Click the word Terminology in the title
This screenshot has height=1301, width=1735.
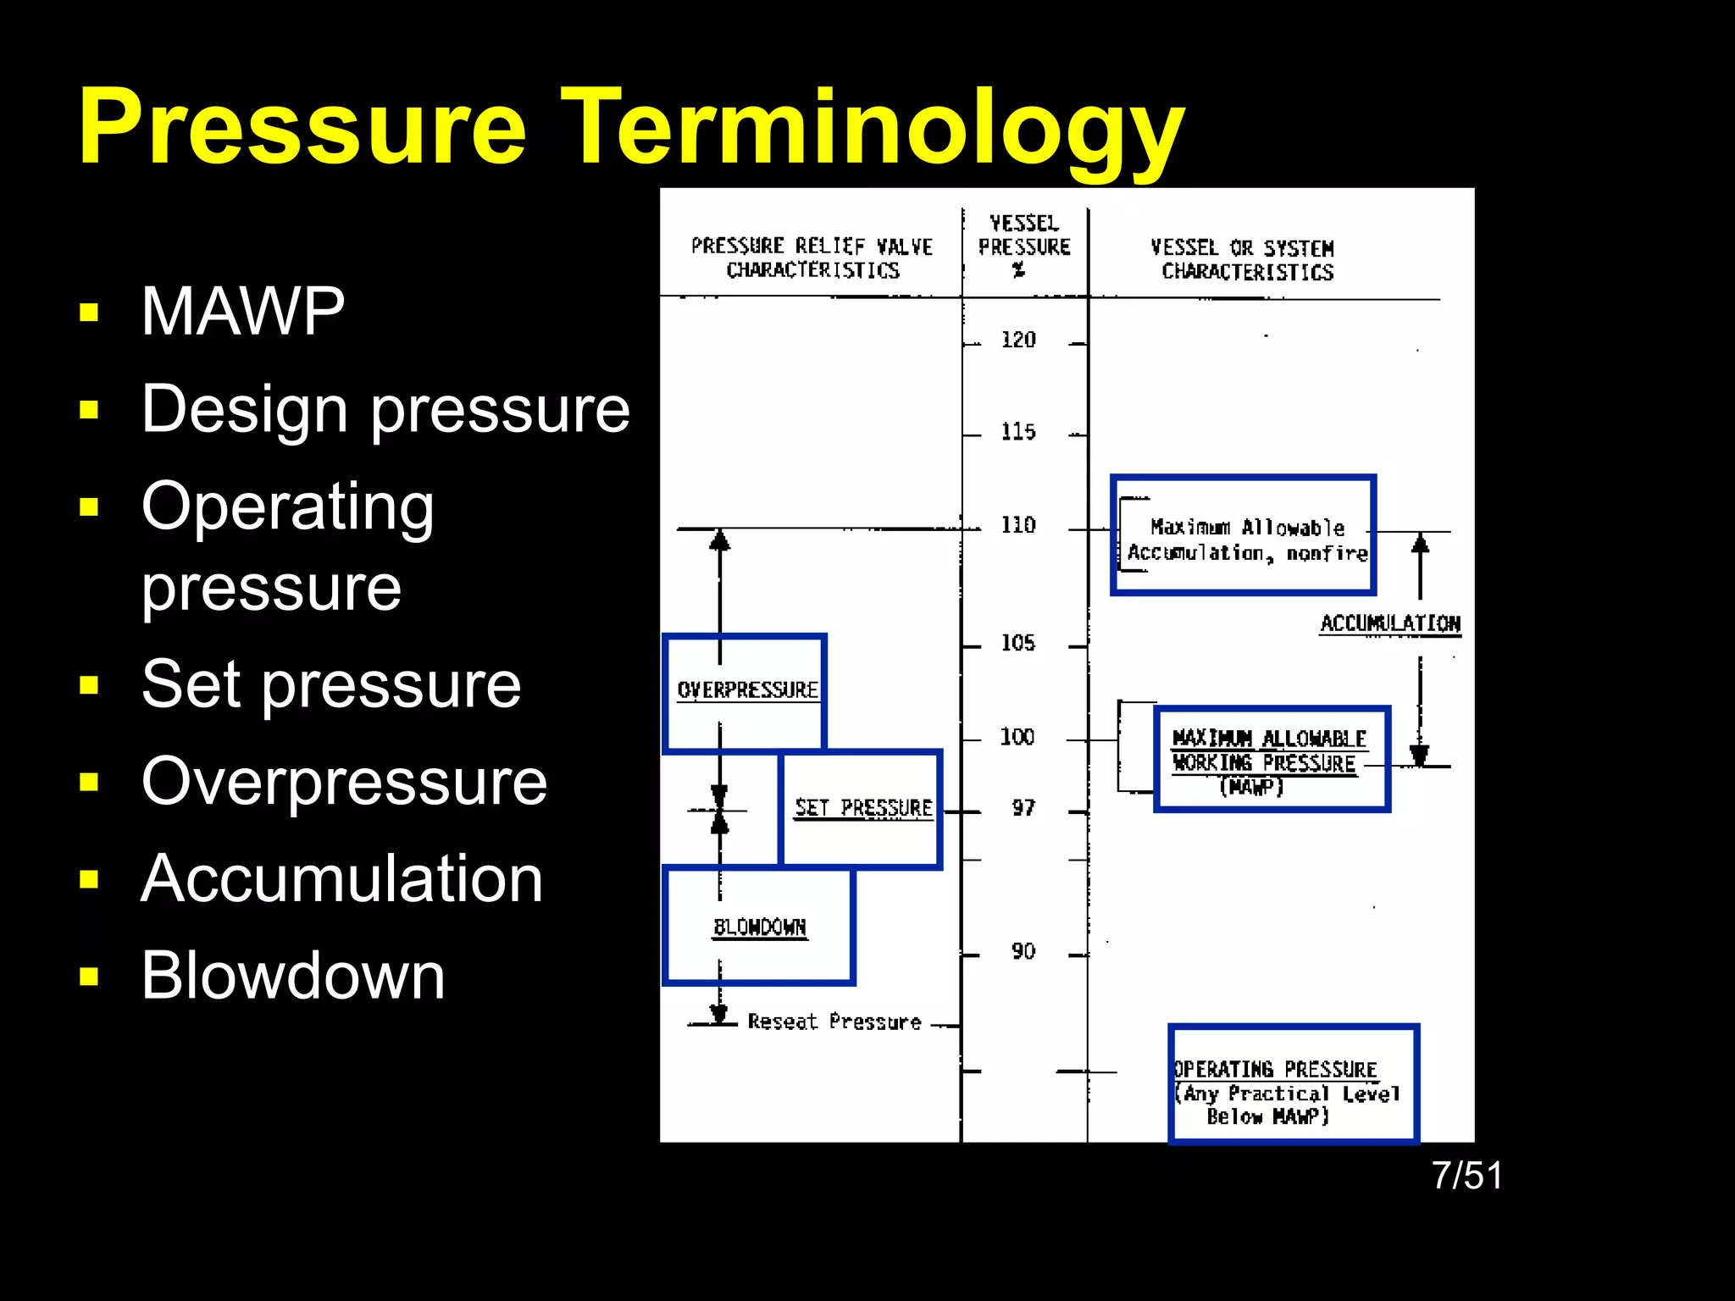click(x=873, y=127)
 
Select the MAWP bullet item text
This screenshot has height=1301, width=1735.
click(x=243, y=312)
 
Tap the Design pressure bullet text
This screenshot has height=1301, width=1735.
click(x=385, y=409)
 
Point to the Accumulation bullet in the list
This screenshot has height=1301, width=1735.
click(x=341, y=878)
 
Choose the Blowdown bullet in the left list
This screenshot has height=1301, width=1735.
click(x=292, y=976)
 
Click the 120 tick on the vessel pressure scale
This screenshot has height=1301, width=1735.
click(x=1018, y=340)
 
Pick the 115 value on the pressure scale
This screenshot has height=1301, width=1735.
click(x=1018, y=433)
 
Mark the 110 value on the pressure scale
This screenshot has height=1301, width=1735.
click(x=1018, y=526)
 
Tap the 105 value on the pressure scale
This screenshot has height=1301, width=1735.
click(x=1018, y=644)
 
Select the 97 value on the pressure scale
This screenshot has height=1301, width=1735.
click(x=1023, y=809)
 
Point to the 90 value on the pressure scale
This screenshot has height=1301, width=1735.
click(x=1023, y=952)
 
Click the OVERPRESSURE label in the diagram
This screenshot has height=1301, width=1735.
click(x=747, y=690)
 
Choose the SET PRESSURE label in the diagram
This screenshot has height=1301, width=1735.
click(x=863, y=808)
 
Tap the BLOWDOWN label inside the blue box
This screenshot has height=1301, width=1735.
click(x=760, y=927)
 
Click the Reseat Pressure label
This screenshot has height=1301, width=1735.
click(x=834, y=1022)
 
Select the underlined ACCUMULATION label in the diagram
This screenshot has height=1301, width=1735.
click(x=1390, y=623)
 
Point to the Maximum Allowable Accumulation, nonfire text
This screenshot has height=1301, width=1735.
click(x=1247, y=540)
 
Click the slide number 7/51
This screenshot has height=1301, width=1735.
click(x=1467, y=1176)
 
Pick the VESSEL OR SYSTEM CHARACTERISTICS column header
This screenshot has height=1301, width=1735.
click(x=1243, y=260)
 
